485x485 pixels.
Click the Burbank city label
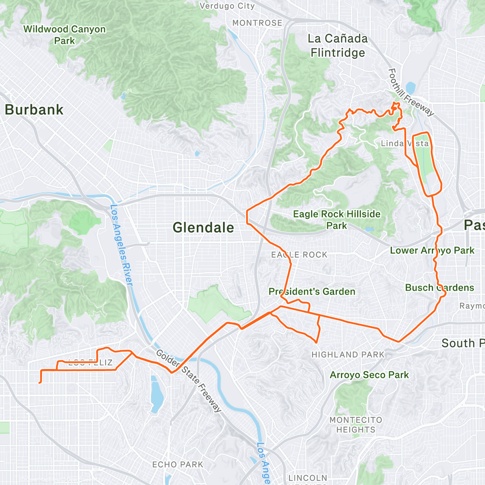click(34, 110)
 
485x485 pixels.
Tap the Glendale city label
click(203, 228)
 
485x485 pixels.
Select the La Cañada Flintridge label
click(337, 46)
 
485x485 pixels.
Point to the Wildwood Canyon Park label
click(65, 35)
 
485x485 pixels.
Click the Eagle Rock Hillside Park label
click(337, 219)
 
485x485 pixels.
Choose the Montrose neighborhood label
click(257, 23)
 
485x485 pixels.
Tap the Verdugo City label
click(227, 6)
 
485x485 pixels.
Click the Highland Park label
click(348, 355)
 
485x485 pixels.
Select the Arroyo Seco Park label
click(369, 375)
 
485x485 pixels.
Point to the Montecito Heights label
click(356, 425)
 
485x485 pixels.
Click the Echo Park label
click(178, 465)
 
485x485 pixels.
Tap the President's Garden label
click(312, 291)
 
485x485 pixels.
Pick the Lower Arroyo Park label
click(432, 251)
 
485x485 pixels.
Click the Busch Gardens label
click(439, 288)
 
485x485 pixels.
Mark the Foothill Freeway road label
click(410, 93)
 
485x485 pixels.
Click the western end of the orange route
click(40, 382)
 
